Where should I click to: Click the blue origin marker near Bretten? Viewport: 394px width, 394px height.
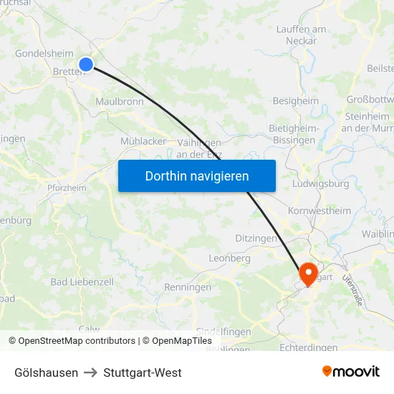point(86,64)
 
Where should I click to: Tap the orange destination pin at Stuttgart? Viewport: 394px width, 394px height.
point(309,272)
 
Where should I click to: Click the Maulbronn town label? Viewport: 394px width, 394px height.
point(120,102)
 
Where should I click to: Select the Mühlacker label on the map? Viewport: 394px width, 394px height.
point(143,141)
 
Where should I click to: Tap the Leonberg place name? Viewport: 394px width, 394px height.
point(229,258)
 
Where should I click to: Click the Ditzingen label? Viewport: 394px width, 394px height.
point(256,238)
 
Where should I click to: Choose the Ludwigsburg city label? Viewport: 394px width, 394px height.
point(321,183)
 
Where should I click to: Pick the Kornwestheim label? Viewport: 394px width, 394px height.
point(319,211)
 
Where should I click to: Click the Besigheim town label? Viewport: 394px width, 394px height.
point(295,101)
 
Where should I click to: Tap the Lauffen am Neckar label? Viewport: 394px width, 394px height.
point(301,35)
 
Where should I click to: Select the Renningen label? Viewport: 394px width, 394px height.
point(187,287)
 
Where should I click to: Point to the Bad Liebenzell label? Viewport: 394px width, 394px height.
point(82,282)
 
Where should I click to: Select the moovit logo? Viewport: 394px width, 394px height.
point(350,372)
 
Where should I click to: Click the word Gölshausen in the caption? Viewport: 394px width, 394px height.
point(47,373)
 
